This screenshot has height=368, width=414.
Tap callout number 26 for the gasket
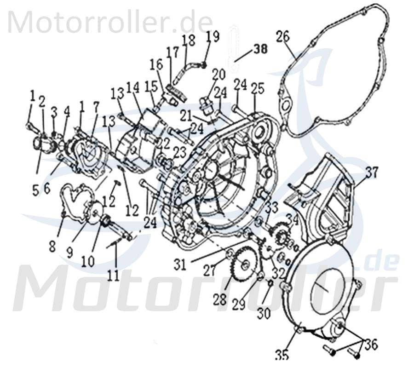click(x=283, y=36)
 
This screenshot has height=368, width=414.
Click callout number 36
click(x=371, y=344)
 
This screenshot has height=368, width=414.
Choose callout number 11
click(x=113, y=275)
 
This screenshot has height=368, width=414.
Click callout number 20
click(x=218, y=74)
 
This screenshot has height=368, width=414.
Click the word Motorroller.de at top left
click(x=110, y=22)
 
